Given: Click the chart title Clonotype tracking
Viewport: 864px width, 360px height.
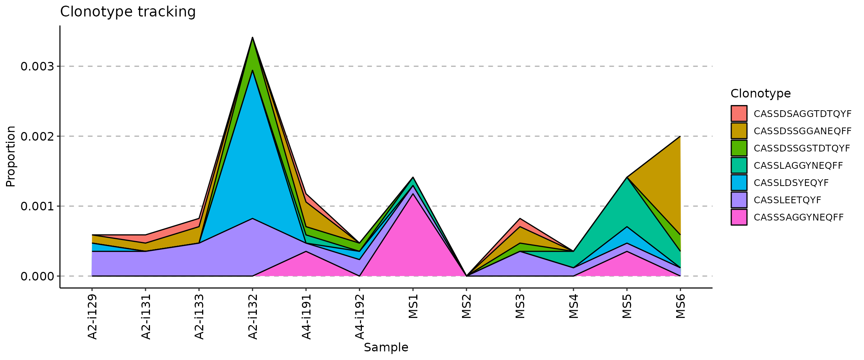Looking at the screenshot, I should click(127, 12).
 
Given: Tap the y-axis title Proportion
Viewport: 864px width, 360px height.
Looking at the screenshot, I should click(10, 156).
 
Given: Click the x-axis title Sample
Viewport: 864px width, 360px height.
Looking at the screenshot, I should click(386, 347).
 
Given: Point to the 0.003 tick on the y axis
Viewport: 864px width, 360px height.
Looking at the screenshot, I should click(37, 66).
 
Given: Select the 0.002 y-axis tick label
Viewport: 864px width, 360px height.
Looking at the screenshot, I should click(37, 136).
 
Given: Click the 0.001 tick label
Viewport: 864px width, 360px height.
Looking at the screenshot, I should click(37, 206).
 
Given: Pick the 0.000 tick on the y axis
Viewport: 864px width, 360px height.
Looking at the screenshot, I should click(37, 276).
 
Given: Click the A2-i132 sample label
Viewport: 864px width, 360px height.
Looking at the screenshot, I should click(253, 317).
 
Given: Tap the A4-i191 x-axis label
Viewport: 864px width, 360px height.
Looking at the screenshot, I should click(307, 317).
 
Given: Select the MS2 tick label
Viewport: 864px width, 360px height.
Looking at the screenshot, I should click(466, 306).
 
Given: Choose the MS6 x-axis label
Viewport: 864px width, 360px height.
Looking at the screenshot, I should click(681, 306).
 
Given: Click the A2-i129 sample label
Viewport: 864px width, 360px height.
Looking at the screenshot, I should click(93, 317).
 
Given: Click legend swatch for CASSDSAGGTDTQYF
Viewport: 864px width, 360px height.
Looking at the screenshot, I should click(739, 113).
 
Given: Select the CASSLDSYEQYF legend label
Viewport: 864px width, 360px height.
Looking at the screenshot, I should click(791, 183).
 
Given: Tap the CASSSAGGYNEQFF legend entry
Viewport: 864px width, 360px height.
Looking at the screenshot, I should click(798, 217).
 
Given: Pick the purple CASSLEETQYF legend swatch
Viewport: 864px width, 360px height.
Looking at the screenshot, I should click(739, 200).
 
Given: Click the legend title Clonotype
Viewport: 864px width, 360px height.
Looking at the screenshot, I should click(760, 93).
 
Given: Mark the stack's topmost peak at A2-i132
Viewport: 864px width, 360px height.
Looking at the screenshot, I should click(253, 37).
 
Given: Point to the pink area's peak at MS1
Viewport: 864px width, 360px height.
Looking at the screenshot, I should click(413, 194).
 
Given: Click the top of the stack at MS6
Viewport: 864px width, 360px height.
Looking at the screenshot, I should click(680, 136).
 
